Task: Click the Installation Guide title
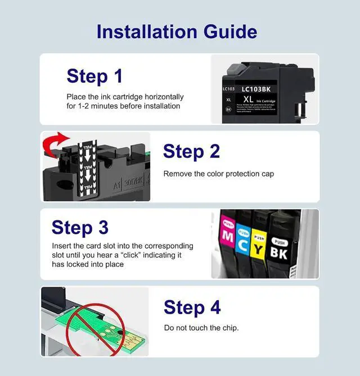(x=177, y=31)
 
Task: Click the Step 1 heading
(x=94, y=75)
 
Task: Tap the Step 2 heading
(x=191, y=151)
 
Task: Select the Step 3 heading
(x=80, y=227)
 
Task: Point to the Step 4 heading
(x=192, y=307)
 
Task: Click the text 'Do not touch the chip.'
(x=201, y=328)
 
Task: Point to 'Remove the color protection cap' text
(x=218, y=174)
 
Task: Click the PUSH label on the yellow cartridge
(x=259, y=232)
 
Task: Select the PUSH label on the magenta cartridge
(x=228, y=224)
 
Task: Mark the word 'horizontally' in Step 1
(x=164, y=97)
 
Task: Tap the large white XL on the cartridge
(x=249, y=99)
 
